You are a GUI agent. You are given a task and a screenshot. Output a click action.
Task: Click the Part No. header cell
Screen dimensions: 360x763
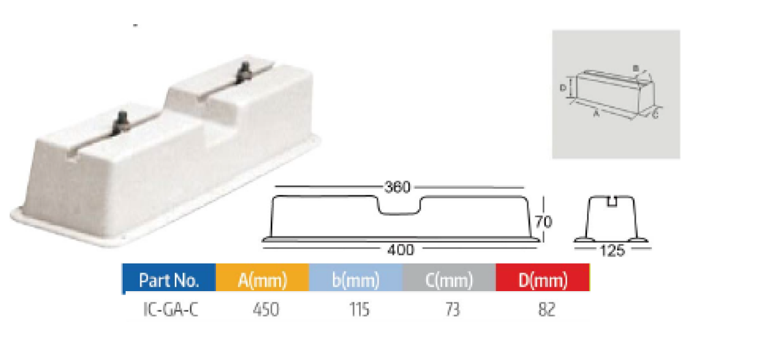pyautogui.click(x=169, y=281)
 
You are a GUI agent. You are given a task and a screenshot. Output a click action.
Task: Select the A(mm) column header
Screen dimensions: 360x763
pyautogui.click(x=262, y=281)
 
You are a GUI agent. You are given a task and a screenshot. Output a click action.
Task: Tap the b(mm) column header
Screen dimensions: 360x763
pyautogui.click(x=355, y=281)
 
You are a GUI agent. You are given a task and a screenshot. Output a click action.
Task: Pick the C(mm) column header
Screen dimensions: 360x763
pyautogui.click(x=449, y=281)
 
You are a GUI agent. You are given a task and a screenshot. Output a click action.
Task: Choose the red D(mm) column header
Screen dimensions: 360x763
pyautogui.click(x=542, y=281)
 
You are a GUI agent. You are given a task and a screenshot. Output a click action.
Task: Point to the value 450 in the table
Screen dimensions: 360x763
pyautogui.click(x=266, y=310)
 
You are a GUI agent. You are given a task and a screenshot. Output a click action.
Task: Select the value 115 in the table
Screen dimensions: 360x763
pyautogui.click(x=359, y=310)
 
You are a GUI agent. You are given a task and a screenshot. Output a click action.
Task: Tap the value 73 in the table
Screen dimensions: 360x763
pyautogui.click(x=453, y=310)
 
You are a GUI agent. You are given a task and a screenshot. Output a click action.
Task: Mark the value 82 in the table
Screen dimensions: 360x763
pyautogui.click(x=546, y=310)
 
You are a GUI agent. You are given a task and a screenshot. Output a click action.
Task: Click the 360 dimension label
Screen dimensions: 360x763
pyautogui.click(x=397, y=188)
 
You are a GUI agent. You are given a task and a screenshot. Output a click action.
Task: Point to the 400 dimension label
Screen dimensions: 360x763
pyautogui.click(x=401, y=249)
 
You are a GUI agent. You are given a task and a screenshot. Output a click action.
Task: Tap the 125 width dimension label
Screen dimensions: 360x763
pyautogui.click(x=612, y=251)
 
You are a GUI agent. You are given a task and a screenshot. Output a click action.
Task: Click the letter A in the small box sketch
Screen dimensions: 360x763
pyautogui.click(x=595, y=115)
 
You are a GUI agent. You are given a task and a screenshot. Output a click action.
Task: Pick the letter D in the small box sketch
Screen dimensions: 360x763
pyautogui.click(x=562, y=88)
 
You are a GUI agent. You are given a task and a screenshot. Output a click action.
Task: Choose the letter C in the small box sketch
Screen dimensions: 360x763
pyautogui.click(x=654, y=115)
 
